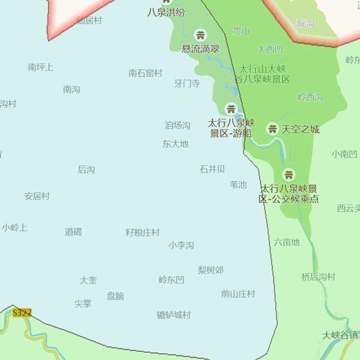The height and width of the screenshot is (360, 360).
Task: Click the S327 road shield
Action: (22, 312)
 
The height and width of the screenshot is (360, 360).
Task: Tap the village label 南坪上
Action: (41, 67)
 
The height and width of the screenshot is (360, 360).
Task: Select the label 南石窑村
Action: (145, 73)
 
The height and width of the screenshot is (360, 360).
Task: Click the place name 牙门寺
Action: (187, 84)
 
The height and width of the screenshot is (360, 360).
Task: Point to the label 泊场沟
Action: (178, 125)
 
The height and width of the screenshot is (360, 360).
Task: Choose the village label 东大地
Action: (176, 143)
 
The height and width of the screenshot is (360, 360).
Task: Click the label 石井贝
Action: (212, 168)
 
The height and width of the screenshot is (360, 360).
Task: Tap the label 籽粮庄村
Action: (143, 233)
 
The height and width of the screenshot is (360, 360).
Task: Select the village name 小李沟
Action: (181, 246)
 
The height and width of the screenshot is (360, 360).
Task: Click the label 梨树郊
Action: (211, 270)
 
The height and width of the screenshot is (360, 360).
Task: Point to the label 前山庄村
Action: (238, 293)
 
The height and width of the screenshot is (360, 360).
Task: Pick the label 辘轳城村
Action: (174, 315)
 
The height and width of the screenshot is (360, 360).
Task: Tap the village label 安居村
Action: (37, 196)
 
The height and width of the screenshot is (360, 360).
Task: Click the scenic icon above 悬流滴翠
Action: (200, 35)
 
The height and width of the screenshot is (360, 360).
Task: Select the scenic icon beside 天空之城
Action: (272, 129)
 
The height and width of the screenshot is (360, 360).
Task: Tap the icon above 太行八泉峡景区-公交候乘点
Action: (289, 174)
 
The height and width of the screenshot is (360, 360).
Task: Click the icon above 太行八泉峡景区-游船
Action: (230, 109)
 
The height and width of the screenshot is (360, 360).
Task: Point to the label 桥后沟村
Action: (318, 276)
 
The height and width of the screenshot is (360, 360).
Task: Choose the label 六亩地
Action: (287, 242)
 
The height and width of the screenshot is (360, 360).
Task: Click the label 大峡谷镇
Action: (341, 335)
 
